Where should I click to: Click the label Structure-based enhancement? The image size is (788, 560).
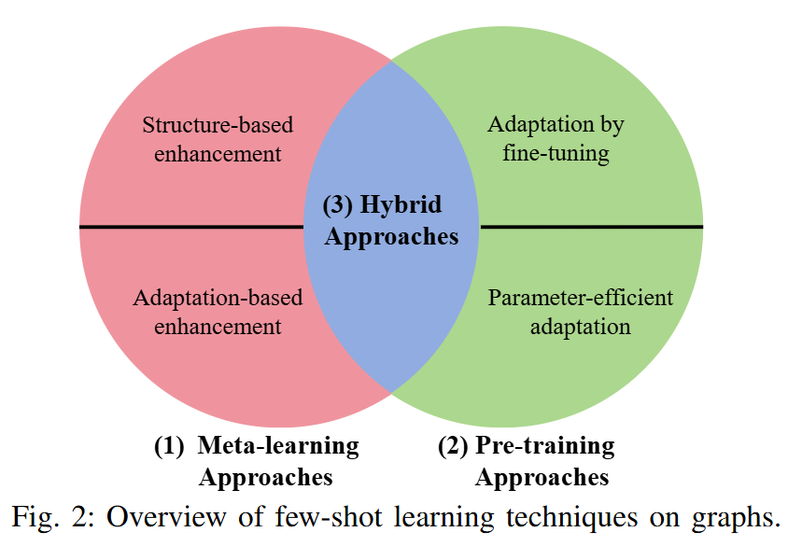click(218, 139)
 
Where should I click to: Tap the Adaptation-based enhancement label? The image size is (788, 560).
click(218, 313)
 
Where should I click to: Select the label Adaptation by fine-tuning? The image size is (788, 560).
click(556, 139)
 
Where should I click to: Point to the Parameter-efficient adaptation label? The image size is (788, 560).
click(580, 313)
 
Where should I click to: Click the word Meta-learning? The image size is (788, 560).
click(278, 446)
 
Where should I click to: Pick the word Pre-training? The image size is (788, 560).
click(545, 446)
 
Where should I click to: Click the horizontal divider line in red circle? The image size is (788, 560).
click(191, 227)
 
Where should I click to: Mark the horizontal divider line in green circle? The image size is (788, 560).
click(590, 227)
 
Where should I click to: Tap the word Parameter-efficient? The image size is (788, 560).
click(580, 299)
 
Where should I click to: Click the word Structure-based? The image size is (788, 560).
click(218, 125)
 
